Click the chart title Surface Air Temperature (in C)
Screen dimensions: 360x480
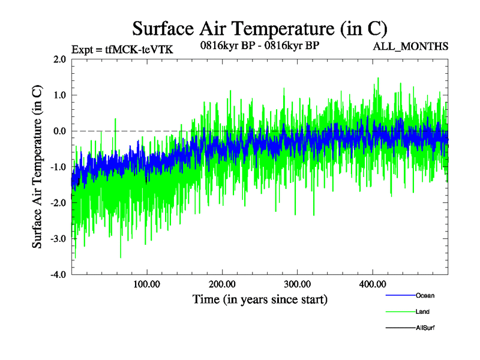(x=260, y=28)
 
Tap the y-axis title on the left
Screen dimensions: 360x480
(x=37, y=167)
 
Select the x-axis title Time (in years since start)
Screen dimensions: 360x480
(x=260, y=298)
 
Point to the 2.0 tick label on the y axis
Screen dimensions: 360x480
(x=59, y=59)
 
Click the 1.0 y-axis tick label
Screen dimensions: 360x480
(x=59, y=95)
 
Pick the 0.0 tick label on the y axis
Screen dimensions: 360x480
(x=59, y=131)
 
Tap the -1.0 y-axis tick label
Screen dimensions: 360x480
(x=58, y=167)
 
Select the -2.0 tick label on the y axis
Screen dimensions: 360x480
(x=58, y=203)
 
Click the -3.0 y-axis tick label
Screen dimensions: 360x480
(x=58, y=239)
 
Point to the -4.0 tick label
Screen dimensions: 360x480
(x=58, y=275)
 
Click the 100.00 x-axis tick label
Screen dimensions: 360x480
(x=146, y=284)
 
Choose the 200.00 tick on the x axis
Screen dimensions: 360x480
(x=222, y=284)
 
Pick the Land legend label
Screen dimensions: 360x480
(x=422, y=312)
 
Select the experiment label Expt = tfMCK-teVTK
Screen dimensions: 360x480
(x=122, y=50)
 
